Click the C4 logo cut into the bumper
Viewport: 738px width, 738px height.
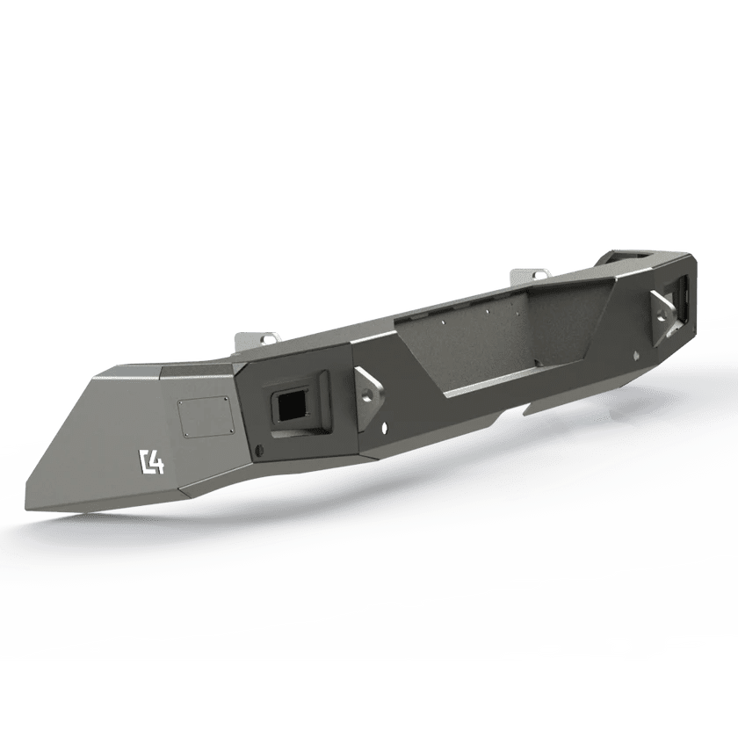[151, 461]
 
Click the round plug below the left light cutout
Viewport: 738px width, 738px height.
[257, 451]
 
